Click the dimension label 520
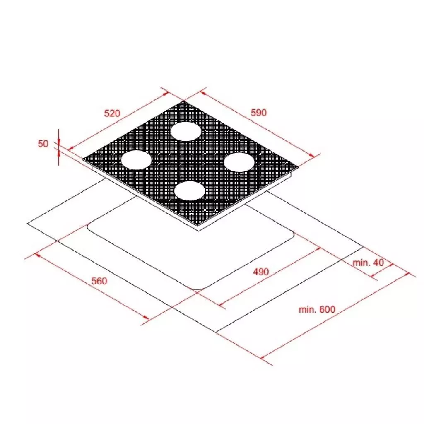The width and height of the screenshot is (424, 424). tap(111, 113)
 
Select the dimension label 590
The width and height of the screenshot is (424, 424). tap(259, 113)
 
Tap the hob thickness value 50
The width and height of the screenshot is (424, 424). tap(43, 144)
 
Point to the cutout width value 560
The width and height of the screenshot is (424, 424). tap(99, 281)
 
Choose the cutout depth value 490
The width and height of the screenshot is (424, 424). tap(260, 272)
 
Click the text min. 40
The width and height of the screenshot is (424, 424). tap(368, 263)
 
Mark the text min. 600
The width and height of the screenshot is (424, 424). tap(317, 309)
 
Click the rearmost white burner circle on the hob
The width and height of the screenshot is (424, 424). tap(186, 131)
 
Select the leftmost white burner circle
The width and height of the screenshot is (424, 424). tap(136, 160)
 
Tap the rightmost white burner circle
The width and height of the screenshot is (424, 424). tap(239, 162)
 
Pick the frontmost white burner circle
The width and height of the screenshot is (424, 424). tap(190, 191)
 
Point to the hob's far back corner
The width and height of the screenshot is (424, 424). tap(183, 101)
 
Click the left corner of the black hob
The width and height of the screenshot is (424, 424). tap(83, 159)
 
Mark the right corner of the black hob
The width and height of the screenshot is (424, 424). tap(298, 167)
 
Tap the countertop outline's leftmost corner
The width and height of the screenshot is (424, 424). tap(27, 224)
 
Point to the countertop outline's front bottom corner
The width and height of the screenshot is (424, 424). tap(215, 332)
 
